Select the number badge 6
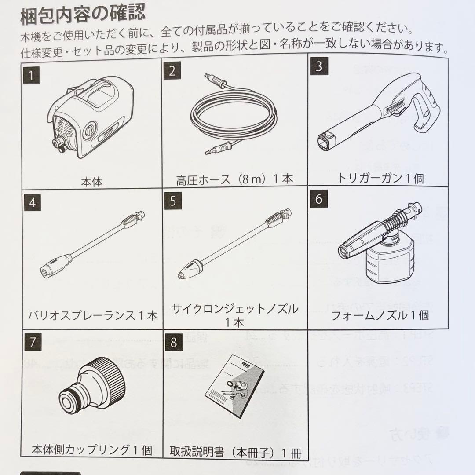(318, 198)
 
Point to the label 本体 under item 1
(91, 181)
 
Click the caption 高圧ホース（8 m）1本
(234, 179)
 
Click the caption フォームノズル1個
(380, 315)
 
